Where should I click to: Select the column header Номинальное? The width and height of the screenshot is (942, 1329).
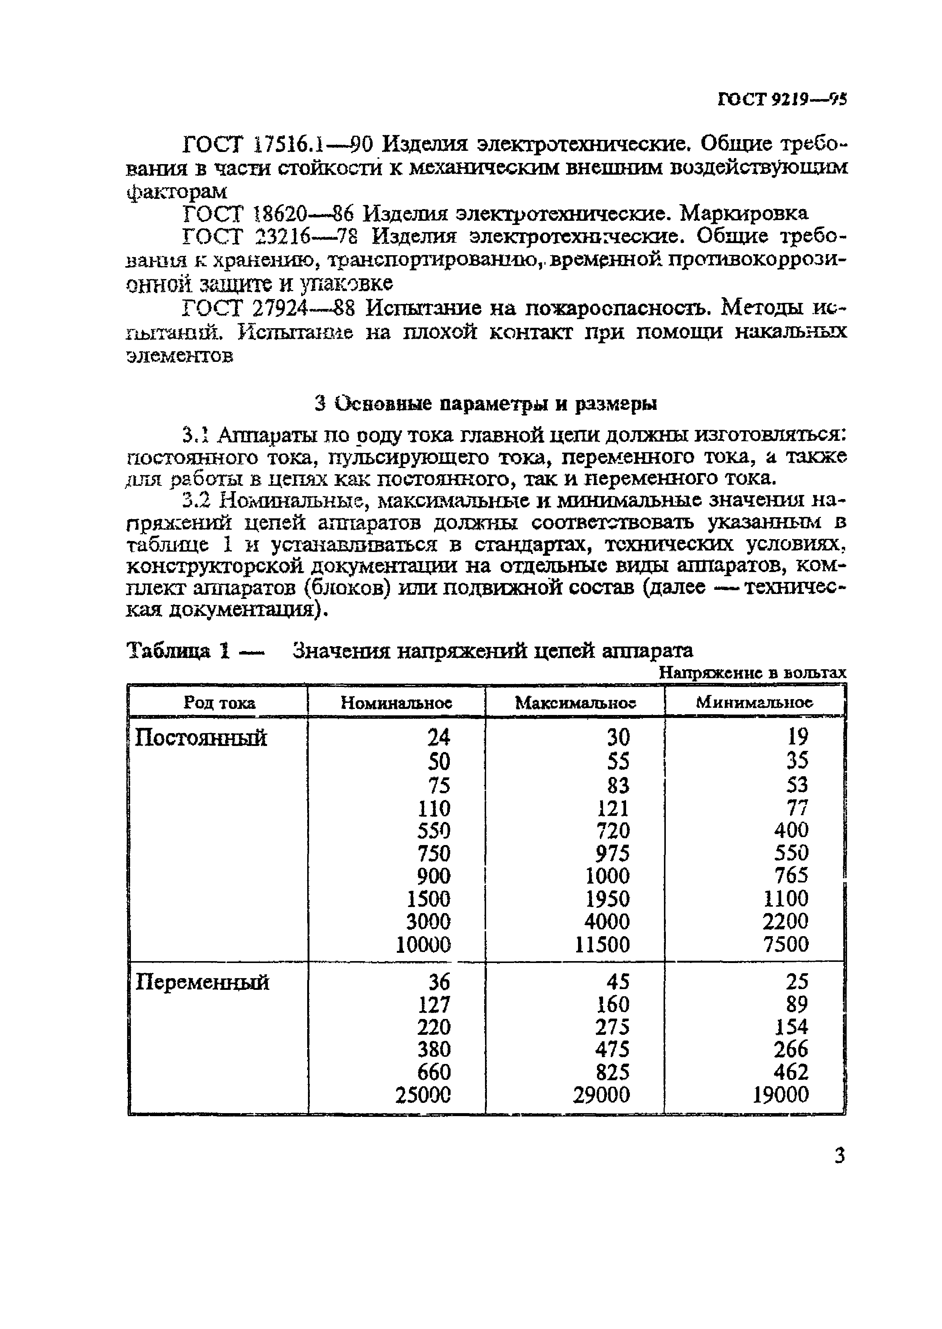396,702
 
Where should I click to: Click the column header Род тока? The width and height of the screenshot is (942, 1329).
219,702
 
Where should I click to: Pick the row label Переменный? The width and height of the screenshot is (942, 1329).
202,982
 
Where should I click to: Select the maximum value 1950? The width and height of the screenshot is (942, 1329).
607,899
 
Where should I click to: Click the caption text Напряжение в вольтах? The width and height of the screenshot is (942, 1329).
753,673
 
